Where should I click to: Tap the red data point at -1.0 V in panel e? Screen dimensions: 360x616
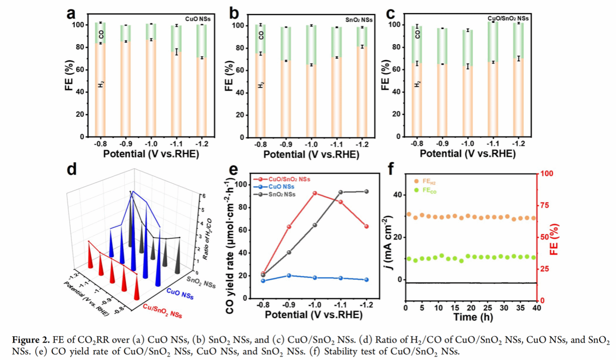coord(315,193)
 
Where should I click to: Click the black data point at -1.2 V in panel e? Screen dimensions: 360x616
coord(366,191)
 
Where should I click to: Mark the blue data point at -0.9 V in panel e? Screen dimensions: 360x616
coord(289,275)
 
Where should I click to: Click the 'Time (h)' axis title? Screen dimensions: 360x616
coord(471,317)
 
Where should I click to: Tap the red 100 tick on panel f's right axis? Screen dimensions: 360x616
coord(547,173)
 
